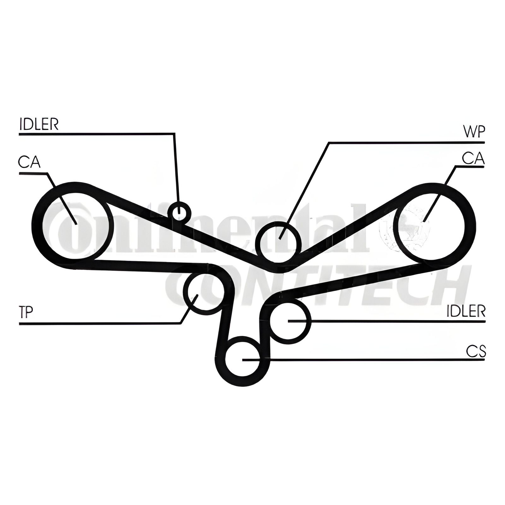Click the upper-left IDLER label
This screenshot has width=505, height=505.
coord(39,124)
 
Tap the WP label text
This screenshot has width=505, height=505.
coord(473,132)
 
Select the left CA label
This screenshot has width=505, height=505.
coord(29,162)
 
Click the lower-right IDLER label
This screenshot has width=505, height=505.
coord(466,312)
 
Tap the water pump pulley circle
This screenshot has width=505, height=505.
coord(278,242)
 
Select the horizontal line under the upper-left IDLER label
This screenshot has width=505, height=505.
coord(95,134)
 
